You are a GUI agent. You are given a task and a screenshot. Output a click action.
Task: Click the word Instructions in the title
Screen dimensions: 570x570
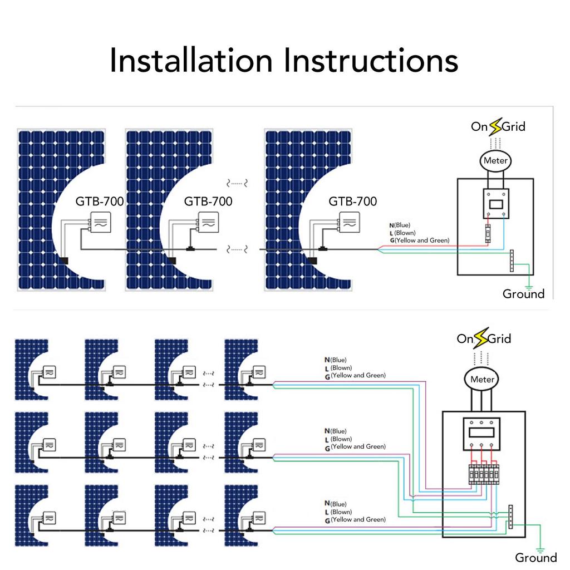[371, 60]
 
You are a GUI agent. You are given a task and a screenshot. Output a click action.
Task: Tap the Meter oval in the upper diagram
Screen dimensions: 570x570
[495, 161]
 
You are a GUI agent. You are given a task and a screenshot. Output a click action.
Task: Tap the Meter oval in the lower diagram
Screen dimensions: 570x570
[482, 379]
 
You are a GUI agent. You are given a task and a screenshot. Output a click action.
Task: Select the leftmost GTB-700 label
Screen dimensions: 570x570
[99, 201]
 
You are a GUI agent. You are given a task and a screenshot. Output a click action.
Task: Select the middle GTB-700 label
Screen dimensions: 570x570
[208, 201]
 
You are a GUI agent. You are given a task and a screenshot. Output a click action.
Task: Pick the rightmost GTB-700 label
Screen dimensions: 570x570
[352, 201]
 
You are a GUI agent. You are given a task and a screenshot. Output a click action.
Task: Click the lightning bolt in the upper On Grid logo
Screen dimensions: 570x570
[495, 126]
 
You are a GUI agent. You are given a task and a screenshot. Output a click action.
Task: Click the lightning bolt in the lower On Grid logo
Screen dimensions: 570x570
[481, 338]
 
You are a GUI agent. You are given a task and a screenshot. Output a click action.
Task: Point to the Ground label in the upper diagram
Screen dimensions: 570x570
[523, 294]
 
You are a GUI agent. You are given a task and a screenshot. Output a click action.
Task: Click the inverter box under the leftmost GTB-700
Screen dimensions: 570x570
[101, 222]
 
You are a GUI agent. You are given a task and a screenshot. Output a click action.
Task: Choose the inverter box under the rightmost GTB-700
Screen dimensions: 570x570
[350, 222]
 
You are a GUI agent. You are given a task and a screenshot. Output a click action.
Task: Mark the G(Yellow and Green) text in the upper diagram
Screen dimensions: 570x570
[420, 240]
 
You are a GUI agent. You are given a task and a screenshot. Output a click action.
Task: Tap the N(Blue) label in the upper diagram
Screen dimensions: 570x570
[400, 225]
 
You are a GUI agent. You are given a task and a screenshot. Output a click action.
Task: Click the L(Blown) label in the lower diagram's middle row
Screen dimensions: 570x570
[338, 439]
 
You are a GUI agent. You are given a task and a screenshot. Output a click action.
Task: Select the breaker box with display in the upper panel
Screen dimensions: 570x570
[496, 204]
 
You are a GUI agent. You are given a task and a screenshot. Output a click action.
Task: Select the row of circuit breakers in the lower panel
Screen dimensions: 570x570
[484, 474]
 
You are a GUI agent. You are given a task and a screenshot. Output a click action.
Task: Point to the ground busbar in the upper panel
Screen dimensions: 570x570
[512, 261]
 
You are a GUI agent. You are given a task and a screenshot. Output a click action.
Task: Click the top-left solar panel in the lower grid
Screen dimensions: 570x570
[31, 370]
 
